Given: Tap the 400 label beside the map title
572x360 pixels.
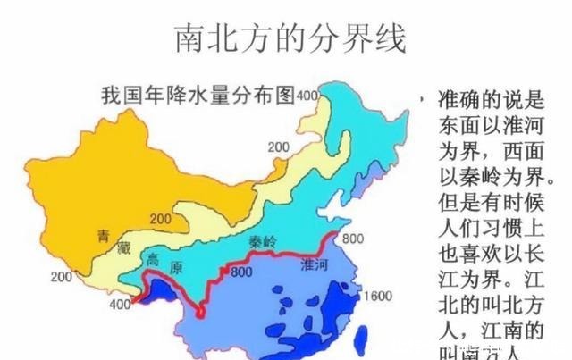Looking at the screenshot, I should pos(307,96).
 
